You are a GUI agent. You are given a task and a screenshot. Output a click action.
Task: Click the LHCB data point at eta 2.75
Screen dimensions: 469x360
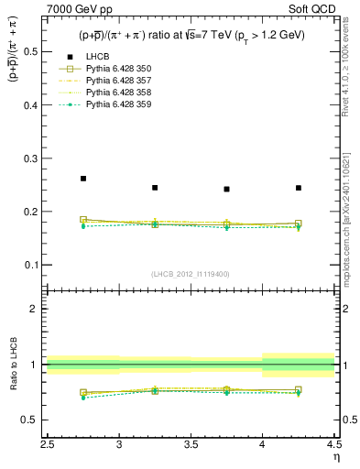pyautogui.click(x=83, y=179)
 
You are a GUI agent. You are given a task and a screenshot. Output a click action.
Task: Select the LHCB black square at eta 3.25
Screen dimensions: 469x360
pyautogui.click(x=155, y=188)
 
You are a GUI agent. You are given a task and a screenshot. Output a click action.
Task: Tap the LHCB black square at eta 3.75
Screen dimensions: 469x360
pyautogui.click(x=226, y=190)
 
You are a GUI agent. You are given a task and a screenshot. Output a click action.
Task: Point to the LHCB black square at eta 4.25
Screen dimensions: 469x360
pyautogui.click(x=299, y=188)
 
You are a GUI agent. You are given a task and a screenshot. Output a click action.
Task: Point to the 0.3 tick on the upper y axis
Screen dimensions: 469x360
pyautogui.click(x=36, y=158)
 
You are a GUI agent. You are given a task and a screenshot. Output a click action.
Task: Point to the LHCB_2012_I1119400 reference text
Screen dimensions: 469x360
pyautogui.click(x=191, y=274)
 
